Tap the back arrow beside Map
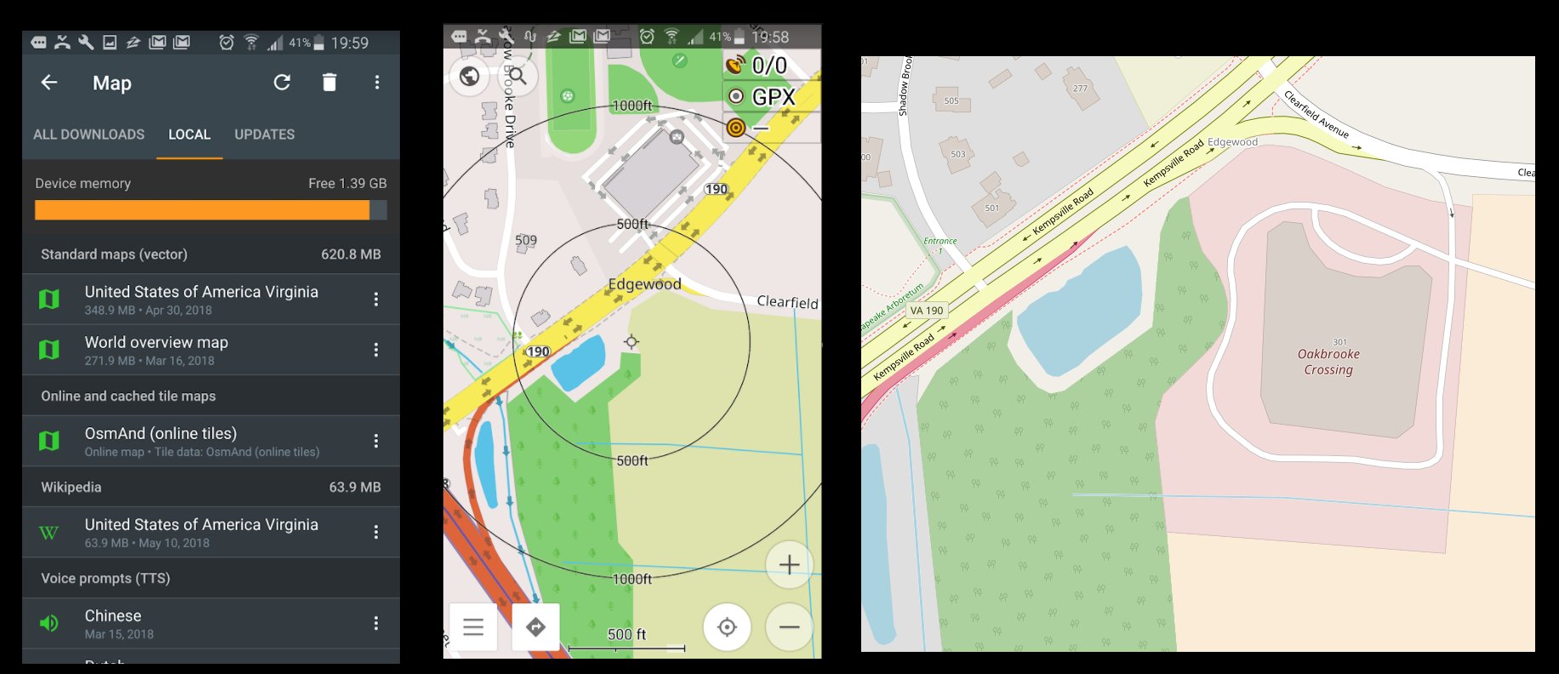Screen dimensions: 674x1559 tap(49, 83)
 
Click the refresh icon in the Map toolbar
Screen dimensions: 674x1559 tap(282, 83)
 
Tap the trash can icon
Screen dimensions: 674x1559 tap(329, 83)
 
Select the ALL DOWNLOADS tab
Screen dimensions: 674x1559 tap(89, 134)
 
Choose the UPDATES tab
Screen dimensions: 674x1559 tap(265, 134)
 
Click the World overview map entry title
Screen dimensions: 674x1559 tap(157, 342)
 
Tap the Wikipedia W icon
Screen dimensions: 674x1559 tap(49, 533)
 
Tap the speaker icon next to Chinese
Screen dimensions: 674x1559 tap(49, 623)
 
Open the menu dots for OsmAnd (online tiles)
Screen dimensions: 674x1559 tap(376, 441)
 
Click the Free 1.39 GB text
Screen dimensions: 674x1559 tap(347, 183)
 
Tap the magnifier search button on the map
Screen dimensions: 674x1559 tap(517, 77)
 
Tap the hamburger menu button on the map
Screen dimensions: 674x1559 tap(473, 627)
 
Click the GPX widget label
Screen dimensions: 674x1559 tap(773, 97)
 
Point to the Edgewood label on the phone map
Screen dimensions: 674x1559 tap(644, 284)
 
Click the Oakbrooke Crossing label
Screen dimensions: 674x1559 tap(1328, 362)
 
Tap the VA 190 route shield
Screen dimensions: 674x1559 tap(926, 311)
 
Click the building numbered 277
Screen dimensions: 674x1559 tap(1080, 89)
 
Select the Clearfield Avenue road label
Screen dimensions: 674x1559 tap(1316, 114)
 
